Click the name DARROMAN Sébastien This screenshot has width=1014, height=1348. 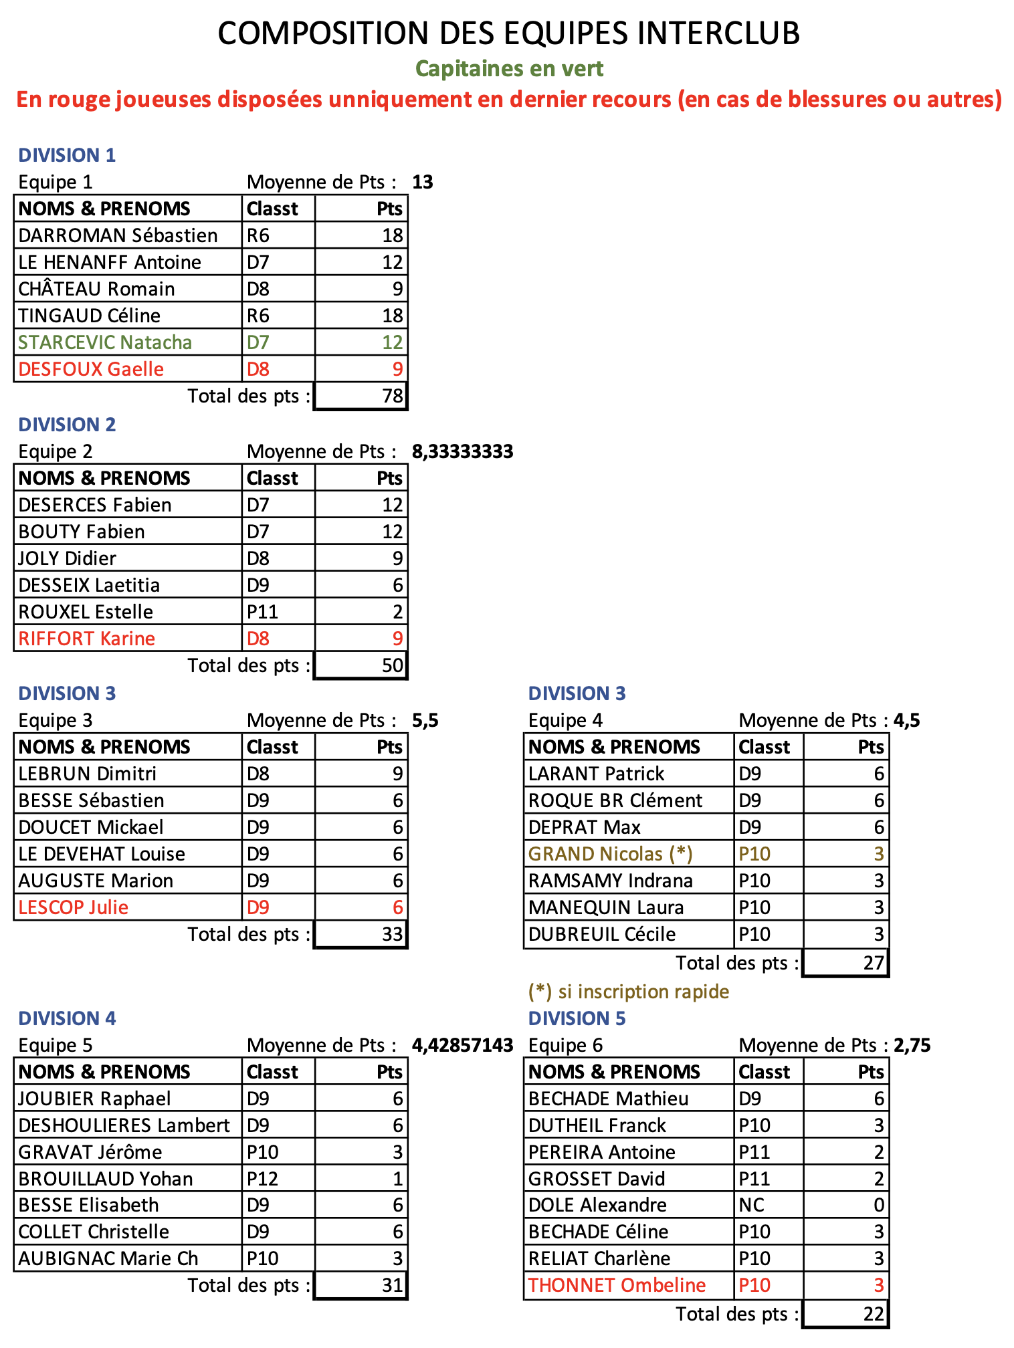[118, 235]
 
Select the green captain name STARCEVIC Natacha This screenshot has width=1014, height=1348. [105, 342]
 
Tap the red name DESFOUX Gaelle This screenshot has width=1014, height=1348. [91, 369]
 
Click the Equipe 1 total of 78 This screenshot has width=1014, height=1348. [393, 396]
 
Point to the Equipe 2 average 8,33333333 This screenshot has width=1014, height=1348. [462, 451]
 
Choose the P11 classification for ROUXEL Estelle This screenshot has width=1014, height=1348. [262, 612]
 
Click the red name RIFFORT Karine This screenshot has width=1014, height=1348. [87, 639]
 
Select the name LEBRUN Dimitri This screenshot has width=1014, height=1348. [87, 774]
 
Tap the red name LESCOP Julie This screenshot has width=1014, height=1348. [74, 907]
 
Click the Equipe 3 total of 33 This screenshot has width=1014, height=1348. [393, 934]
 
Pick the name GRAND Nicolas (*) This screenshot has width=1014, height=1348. [610, 854]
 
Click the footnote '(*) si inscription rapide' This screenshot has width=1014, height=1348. [628, 991]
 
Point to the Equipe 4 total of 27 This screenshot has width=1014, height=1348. [874, 963]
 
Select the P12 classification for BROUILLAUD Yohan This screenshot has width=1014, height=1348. [262, 1178]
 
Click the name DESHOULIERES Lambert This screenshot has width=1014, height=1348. [124, 1125]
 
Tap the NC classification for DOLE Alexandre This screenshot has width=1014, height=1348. [751, 1205]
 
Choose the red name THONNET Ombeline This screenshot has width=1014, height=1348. [617, 1285]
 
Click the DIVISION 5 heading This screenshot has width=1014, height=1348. [577, 1018]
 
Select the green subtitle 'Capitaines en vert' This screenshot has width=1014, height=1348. [509, 68]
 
